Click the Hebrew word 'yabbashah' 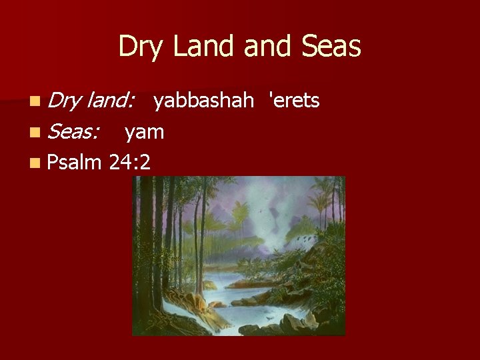pyautogui.click(x=203, y=101)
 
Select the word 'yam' pyautogui.click(x=144, y=132)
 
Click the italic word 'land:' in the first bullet pyautogui.click(x=110, y=101)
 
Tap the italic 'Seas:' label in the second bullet pyautogui.click(x=73, y=132)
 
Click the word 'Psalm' pyautogui.click(x=75, y=162)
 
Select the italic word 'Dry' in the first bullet pyautogui.click(x=65, y=101)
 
